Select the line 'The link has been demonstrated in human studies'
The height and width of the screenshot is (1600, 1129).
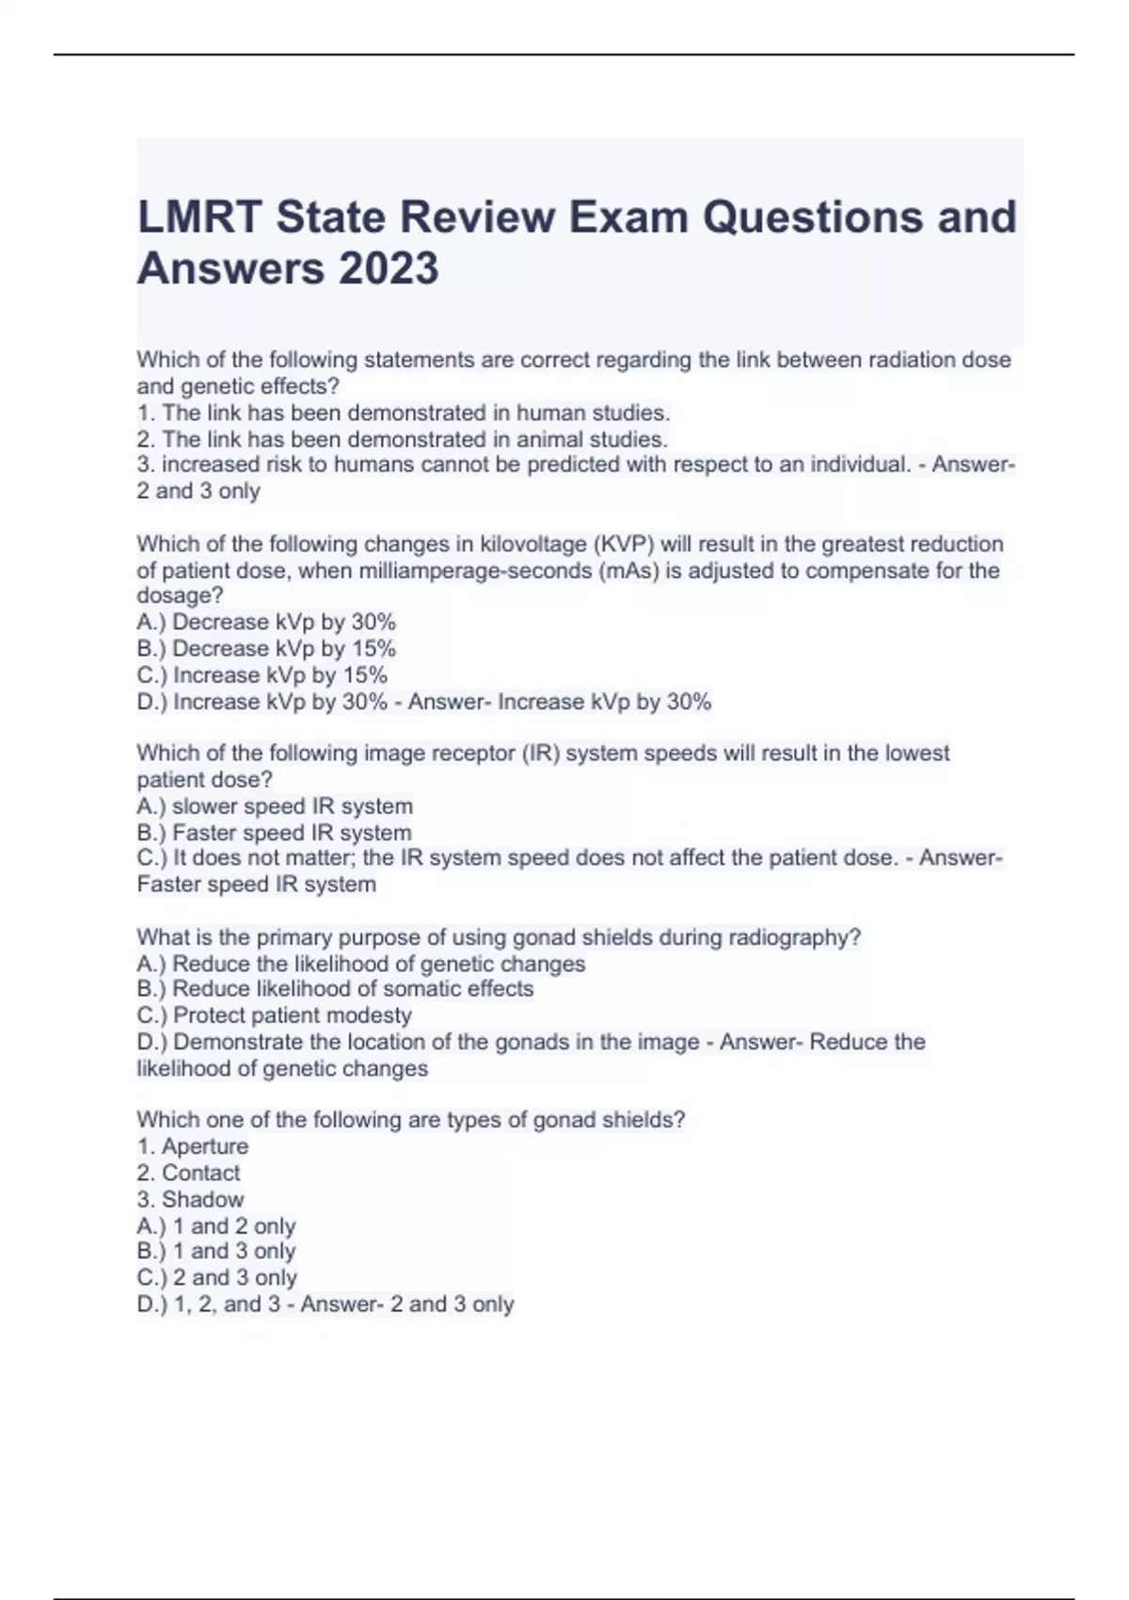[404, 413]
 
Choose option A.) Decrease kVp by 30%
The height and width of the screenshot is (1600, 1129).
[266, 622]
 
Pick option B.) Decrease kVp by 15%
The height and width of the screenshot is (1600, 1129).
[266, 648]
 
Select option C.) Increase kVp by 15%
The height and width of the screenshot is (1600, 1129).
[262, 675]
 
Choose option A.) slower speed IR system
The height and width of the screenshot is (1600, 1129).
[275, 807]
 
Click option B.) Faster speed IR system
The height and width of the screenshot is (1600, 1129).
[274, 833]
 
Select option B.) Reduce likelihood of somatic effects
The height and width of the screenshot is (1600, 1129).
[335, 989]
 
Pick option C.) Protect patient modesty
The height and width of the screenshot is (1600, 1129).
[274, 1016]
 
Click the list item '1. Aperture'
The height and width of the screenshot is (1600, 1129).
[193, 1146]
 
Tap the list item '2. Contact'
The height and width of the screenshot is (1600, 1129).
[188, 1173]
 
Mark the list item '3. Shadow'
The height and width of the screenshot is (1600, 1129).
[190, 1199]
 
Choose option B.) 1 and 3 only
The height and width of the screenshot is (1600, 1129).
[216, 1252]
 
